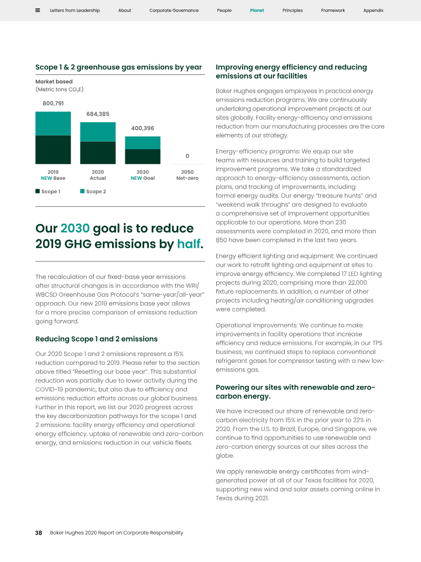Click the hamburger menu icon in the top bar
click(38, 10)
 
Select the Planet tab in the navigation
click(257, 11)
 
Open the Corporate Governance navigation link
click(174, 11)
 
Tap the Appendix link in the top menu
click(373, 11)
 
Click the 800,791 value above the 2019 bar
click(53, 103)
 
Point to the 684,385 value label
click(98, 114)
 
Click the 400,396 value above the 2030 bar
click(143, 128)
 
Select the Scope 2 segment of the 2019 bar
click(53, 123)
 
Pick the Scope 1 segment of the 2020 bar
click(98, 152)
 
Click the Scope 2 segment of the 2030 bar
click(143, 142)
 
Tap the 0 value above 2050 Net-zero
click(187, 156)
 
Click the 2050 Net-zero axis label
click(187, 175)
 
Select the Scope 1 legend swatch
click(38, 191)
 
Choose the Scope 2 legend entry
click(93, 191)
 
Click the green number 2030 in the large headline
click(75, 229)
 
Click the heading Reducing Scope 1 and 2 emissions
click(96, 339)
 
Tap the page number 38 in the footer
click(38, 532)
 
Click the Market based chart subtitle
click(54, 82)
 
